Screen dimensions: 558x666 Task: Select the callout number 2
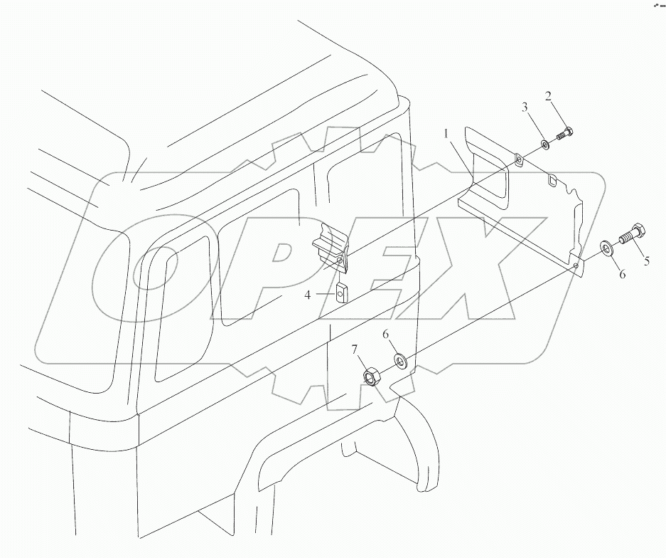pos(549,97)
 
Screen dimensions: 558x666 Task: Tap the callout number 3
pos(525,108)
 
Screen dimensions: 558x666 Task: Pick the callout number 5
pos(646,261)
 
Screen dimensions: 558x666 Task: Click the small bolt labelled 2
pos(566,133)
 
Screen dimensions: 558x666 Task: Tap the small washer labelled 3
pos(544,145)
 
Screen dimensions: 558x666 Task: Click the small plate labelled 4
pos(340,292)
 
